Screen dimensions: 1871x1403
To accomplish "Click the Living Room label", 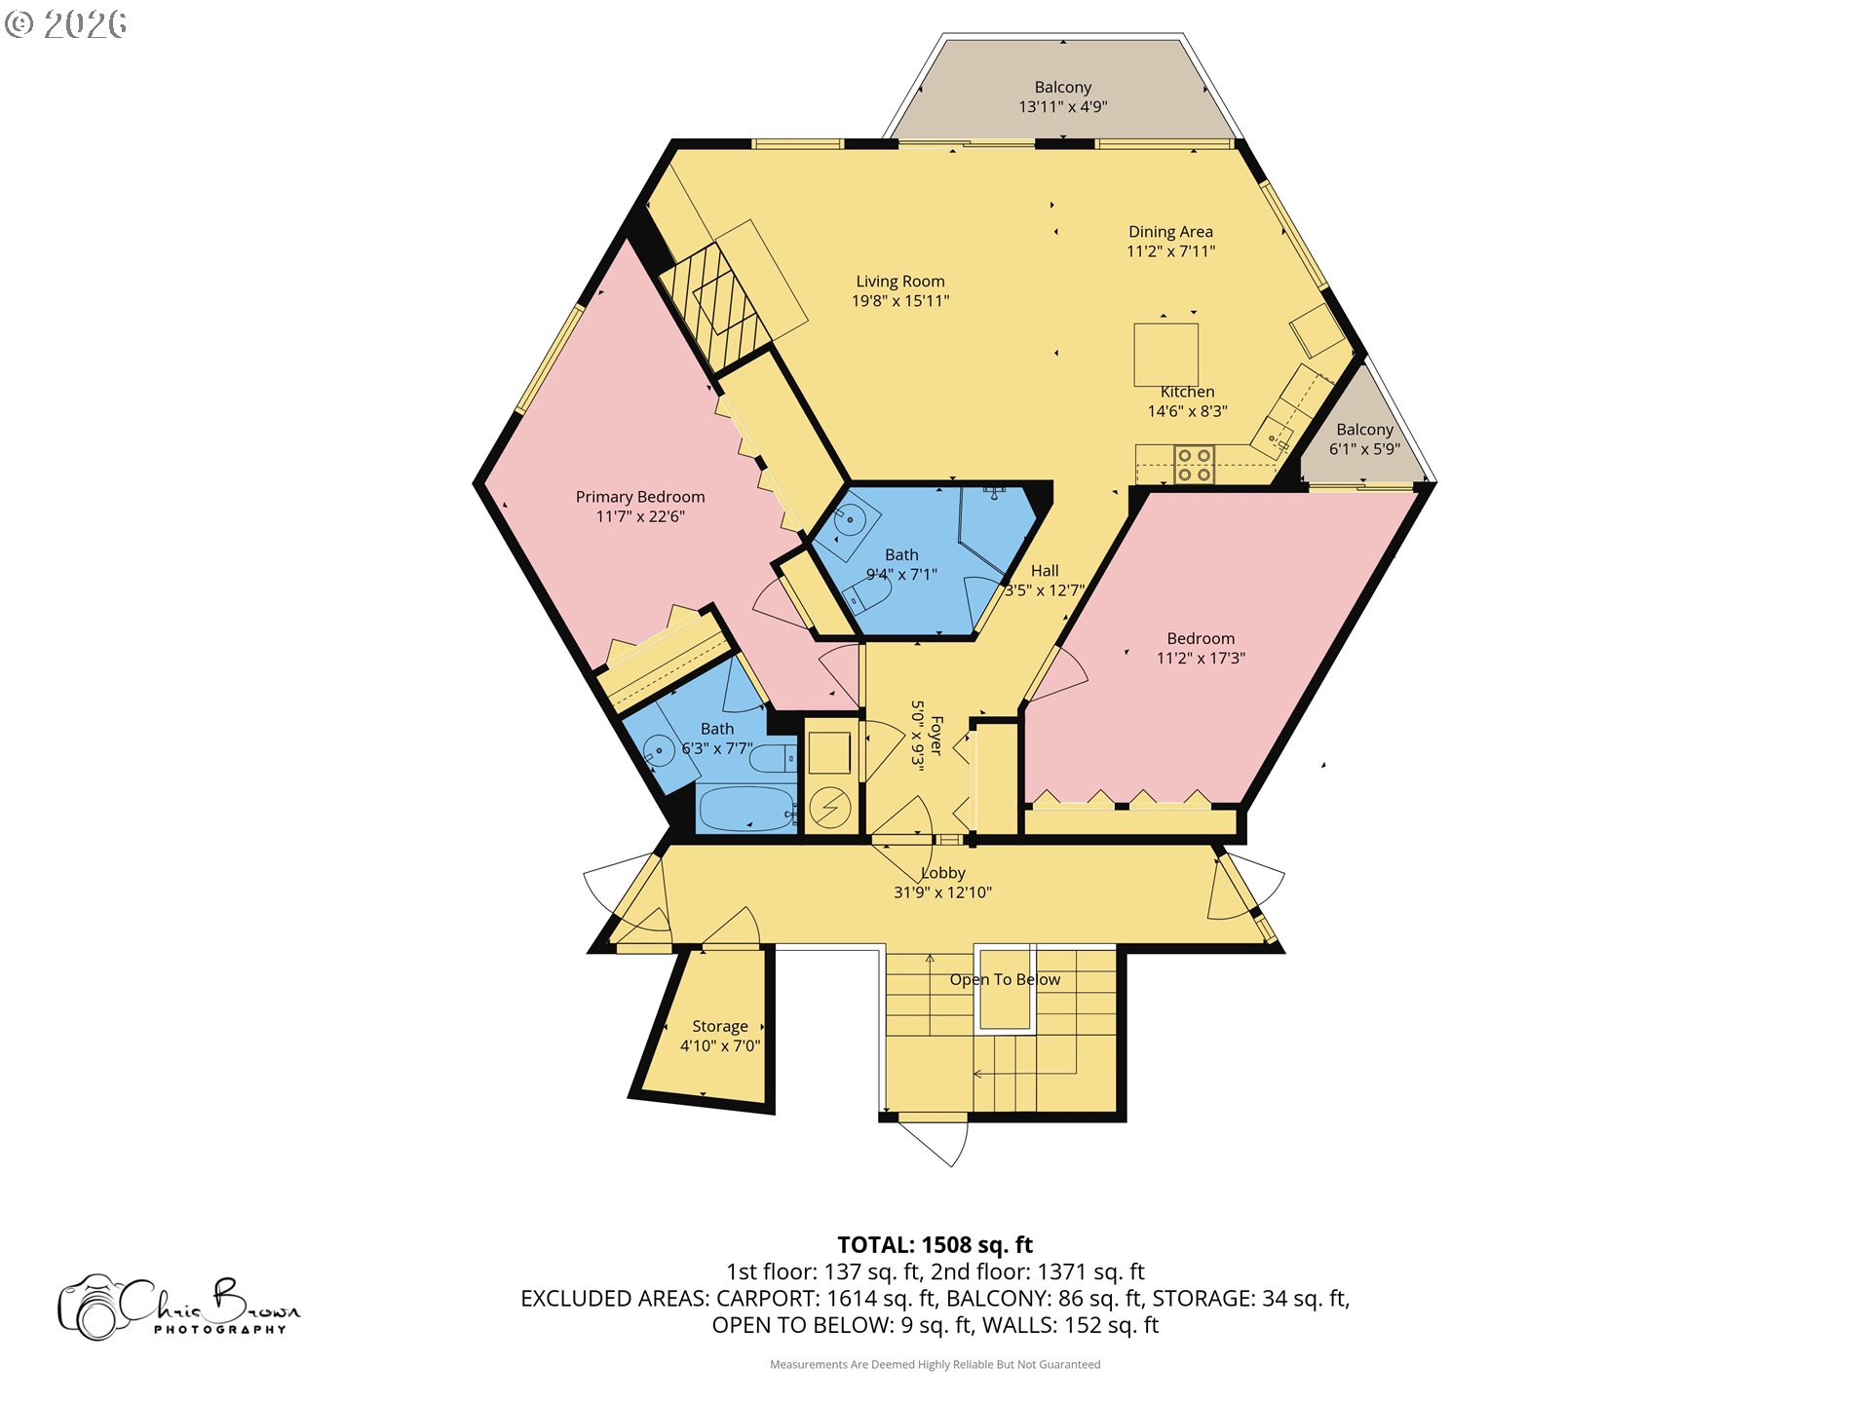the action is coord(900,282).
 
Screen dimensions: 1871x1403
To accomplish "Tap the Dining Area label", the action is coord(1170,232).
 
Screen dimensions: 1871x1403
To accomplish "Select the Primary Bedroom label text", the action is coord(640,497).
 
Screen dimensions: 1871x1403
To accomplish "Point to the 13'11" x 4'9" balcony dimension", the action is coord(1063,107).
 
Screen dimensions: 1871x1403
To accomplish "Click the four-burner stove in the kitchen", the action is coord(1194,465).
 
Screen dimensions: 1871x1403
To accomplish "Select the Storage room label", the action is coord(720,1026).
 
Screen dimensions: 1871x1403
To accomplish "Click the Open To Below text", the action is coord(1005,979).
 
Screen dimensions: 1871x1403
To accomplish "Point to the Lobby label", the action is coord(943,873).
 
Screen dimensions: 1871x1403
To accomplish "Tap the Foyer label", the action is coord(936,736).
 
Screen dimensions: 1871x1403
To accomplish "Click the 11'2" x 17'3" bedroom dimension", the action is coord(1201,659).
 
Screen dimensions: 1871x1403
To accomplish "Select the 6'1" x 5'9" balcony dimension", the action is coord(1364,449).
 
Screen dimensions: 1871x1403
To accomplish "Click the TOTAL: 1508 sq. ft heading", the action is coord(935,1244).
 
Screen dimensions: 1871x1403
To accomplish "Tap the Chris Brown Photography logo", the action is coord(179,1308).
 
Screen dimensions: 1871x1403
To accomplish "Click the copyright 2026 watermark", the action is coord(65,24).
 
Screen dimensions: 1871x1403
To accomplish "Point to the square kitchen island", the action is coord(1165,355).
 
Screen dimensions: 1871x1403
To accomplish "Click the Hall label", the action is coord(1045,571).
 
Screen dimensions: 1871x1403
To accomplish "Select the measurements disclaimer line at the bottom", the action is coord(935,1364).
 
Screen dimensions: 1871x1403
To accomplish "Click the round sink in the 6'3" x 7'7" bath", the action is coord(660,751).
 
